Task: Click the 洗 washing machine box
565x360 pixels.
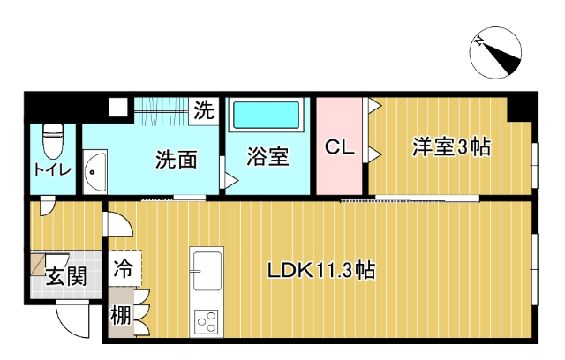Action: [204, 111]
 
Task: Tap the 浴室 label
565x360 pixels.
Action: [267, 159]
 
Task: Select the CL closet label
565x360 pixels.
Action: [339, 147]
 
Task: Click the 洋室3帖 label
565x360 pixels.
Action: [450, 147]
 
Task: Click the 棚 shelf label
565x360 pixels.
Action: [121, 315]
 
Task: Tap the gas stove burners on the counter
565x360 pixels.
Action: [207, 322]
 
